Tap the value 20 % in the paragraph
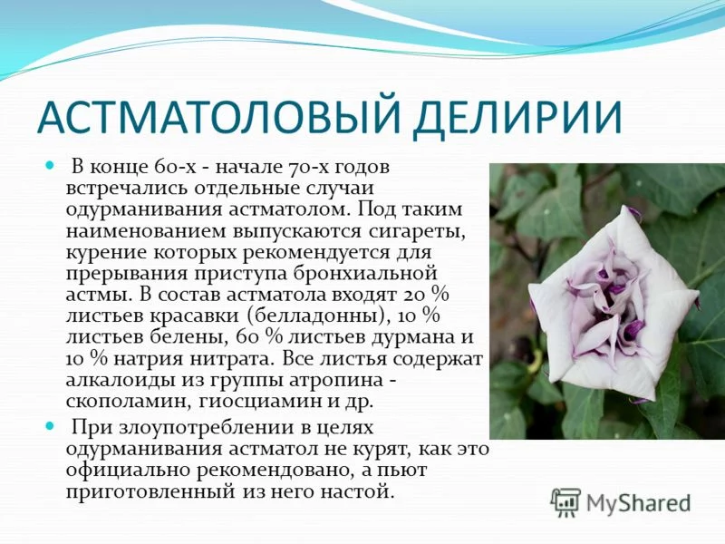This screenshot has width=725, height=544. click(426, 293)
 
